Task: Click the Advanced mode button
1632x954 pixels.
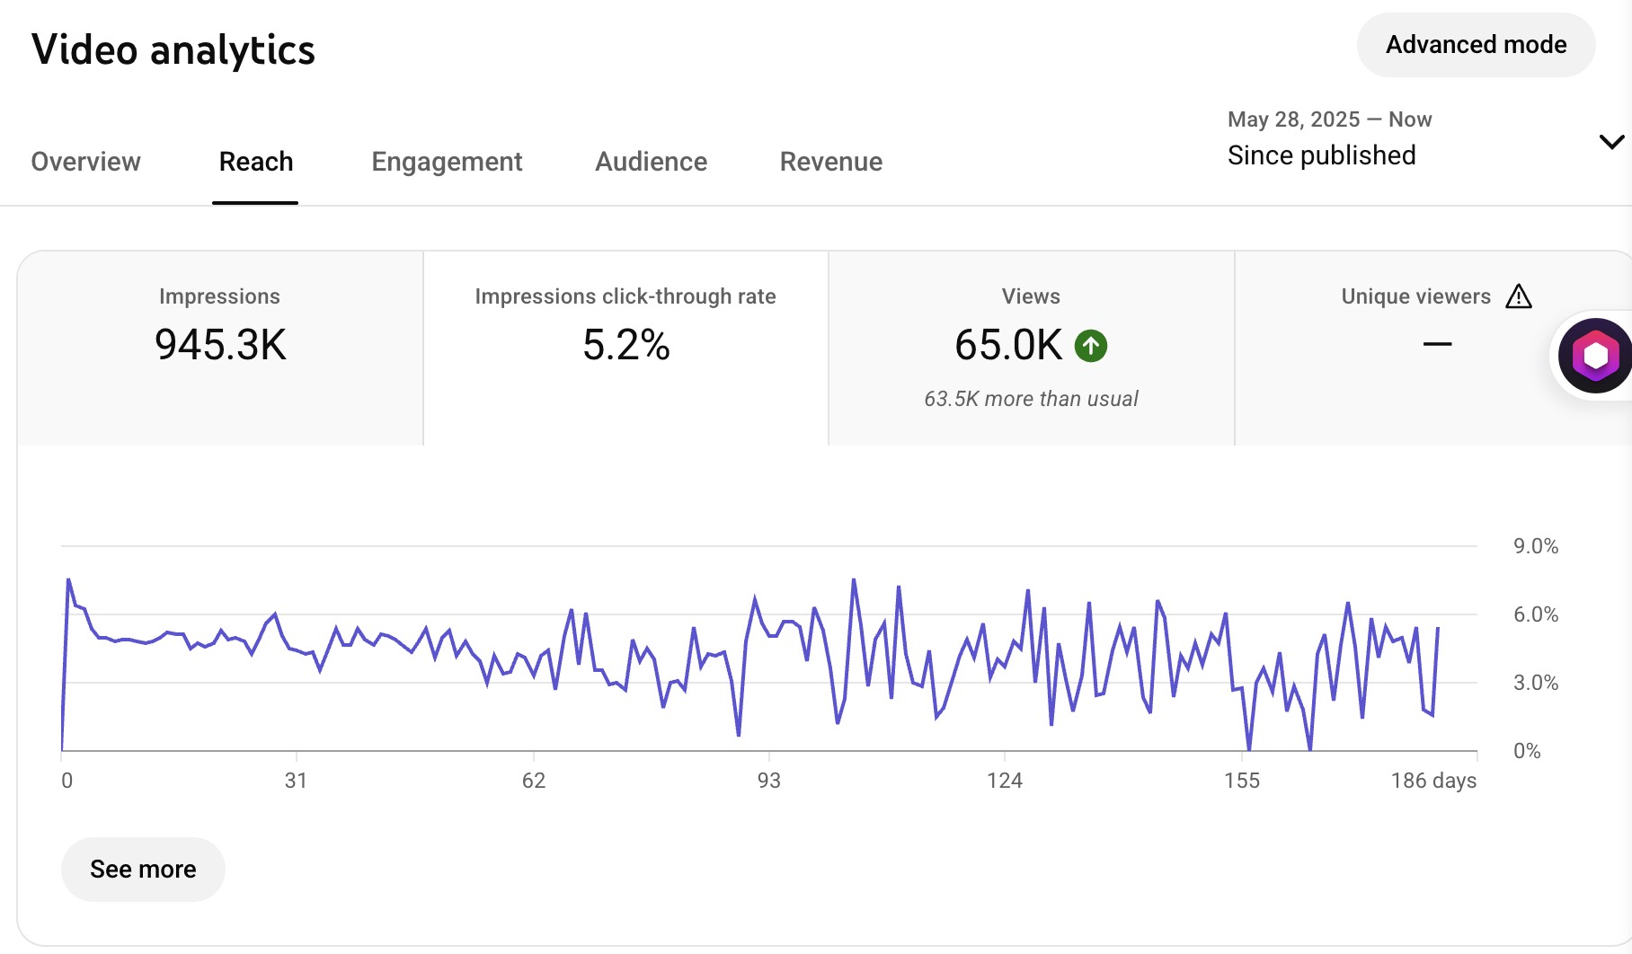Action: [1476, 45]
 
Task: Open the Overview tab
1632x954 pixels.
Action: [85, 162]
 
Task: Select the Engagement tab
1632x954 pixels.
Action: [447, 162]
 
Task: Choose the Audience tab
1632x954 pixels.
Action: [651, 162]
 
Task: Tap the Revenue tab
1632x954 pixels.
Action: [830, 162]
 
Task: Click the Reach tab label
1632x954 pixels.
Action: [256, 162]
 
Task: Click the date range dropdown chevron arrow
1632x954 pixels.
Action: [1611, 142]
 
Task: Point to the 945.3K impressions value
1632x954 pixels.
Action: [220, 345]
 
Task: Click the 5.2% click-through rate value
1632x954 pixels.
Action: [625, 345]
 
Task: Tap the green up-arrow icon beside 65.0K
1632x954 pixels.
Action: [1091, 346]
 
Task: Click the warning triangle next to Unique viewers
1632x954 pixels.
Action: [1518, 296]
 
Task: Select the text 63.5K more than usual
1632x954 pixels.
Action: [1031, 399]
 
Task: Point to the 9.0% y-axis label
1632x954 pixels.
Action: [1535, 546]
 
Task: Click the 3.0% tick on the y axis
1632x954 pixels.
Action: [1535, 683]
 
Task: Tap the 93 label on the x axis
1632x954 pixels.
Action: [769, 781]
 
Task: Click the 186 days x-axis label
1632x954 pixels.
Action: [1433, 781]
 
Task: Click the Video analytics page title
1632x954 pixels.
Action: [173, 50]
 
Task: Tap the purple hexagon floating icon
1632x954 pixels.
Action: [1595, 356]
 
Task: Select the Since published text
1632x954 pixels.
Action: [1321, 155]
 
